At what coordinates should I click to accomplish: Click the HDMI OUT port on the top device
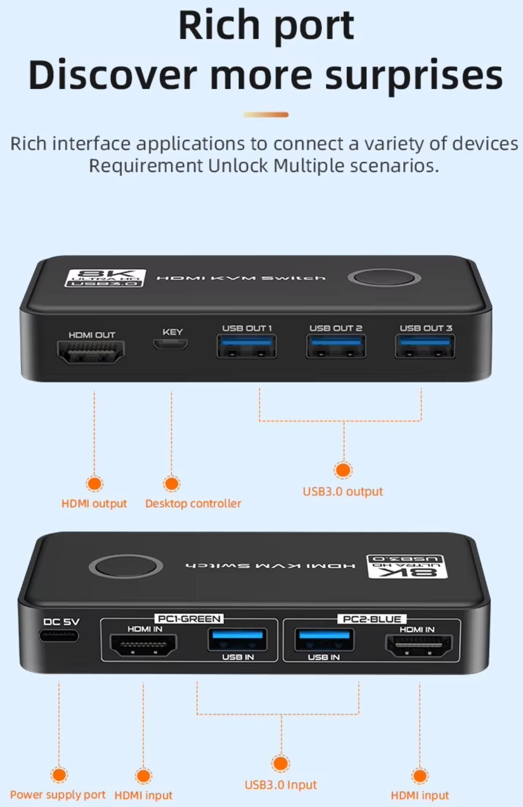[91, 352]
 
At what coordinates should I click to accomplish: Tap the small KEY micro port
[170, 344]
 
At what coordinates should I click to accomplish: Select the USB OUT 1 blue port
[246, 346]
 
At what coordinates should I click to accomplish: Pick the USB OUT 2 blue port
[336, 346]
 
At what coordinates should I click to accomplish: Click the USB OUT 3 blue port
[425, 346]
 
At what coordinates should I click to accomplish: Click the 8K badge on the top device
[105, 278]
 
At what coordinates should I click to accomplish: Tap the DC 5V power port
[59, 636]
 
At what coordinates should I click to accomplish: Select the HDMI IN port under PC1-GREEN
[142, 645]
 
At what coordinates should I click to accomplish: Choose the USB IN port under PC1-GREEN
[237, 640]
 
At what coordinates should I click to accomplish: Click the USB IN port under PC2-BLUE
[324, 640]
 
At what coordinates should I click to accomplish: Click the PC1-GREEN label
[189, 619]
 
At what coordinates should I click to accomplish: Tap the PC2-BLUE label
[372, 619]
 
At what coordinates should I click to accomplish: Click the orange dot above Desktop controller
[171, 483]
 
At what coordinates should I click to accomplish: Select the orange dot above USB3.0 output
[343, 470]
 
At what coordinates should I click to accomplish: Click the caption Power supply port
[58, 795]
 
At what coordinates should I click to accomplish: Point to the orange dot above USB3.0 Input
[280, 763]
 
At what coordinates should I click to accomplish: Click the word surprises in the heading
[414, 76]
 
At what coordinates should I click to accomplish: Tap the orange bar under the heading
[266, 115]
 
